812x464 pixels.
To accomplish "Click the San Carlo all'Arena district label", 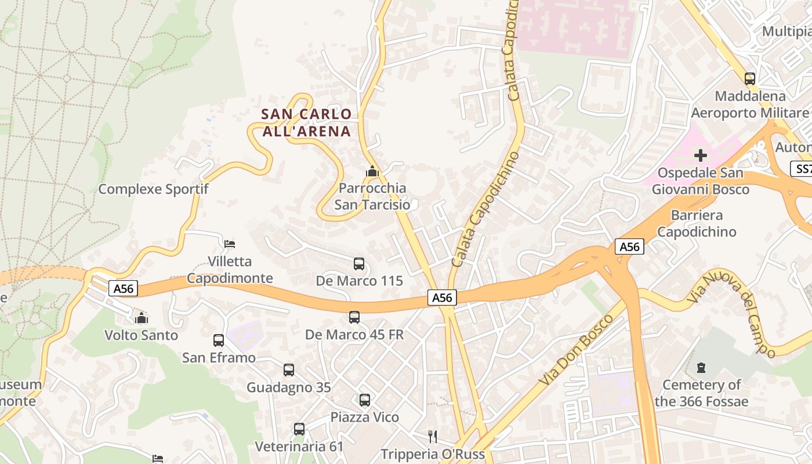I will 306,122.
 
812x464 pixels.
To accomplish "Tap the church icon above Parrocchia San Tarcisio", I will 372,172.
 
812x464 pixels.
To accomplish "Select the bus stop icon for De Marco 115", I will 359,264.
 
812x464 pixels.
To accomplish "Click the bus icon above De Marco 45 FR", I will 354,317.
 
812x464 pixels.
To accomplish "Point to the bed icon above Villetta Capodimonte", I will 230,244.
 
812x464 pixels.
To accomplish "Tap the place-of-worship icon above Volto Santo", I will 141,318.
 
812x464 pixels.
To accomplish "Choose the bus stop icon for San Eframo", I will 219,340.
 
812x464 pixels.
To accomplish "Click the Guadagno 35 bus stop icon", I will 289,370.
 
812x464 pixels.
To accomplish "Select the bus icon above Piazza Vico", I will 364,400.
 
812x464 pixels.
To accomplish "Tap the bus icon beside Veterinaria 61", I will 299,429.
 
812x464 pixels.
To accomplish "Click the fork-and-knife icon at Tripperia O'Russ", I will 432,436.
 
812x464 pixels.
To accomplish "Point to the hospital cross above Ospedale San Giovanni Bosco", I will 701,155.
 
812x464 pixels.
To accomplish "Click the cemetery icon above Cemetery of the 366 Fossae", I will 701,368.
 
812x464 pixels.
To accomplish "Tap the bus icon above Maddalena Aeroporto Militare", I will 749,79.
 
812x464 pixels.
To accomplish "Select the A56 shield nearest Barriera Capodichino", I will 629,246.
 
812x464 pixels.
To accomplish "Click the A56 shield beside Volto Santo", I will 123,288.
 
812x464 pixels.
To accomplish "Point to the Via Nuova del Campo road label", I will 732,314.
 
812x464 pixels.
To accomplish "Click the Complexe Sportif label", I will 153,189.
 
